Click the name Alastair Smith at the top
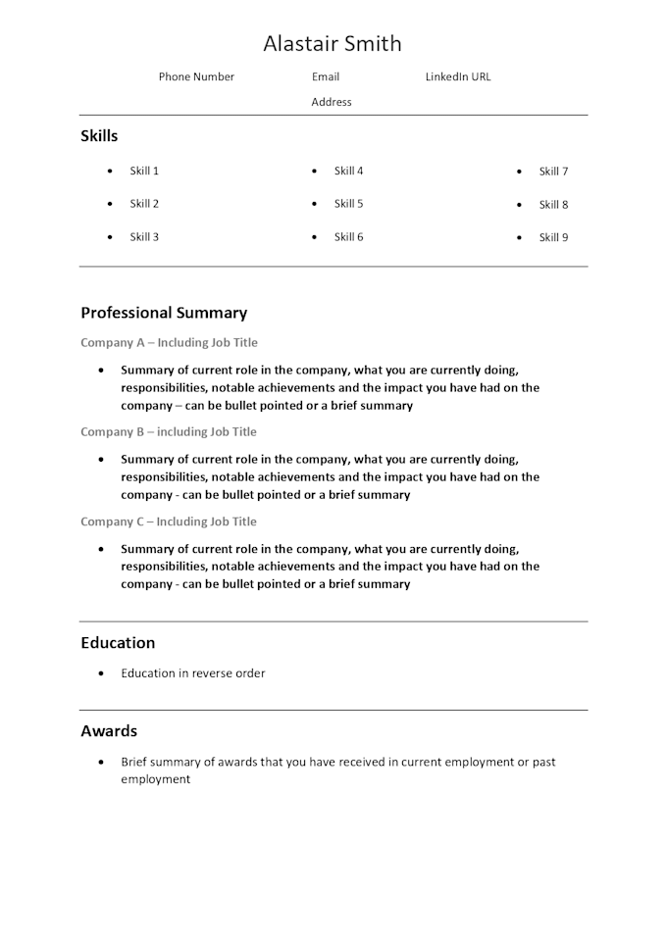[x=333, y=44]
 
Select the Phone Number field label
[x=196, y=77]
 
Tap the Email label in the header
[x=326, y=77]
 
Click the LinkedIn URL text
[x=458, y=77]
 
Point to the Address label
[x=332, y=102]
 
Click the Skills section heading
[x=99, y=136]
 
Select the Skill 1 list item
[x=144, y=172]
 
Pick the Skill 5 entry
[x=348, y=204]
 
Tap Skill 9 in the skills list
[x=553, y=237]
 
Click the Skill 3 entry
[x=144, y=237]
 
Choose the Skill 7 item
[x=553, y=172]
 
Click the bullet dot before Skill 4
[x=314, y=173]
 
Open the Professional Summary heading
[x=164, y=314]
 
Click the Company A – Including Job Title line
[x=169, y=343]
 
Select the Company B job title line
[x=169, y=432]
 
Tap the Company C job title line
[x=169, y=521]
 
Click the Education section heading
[x=118, y=643]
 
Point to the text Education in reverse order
[x=193, y=673]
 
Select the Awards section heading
[x=109, y=731]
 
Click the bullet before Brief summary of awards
[x=101, y=763]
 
